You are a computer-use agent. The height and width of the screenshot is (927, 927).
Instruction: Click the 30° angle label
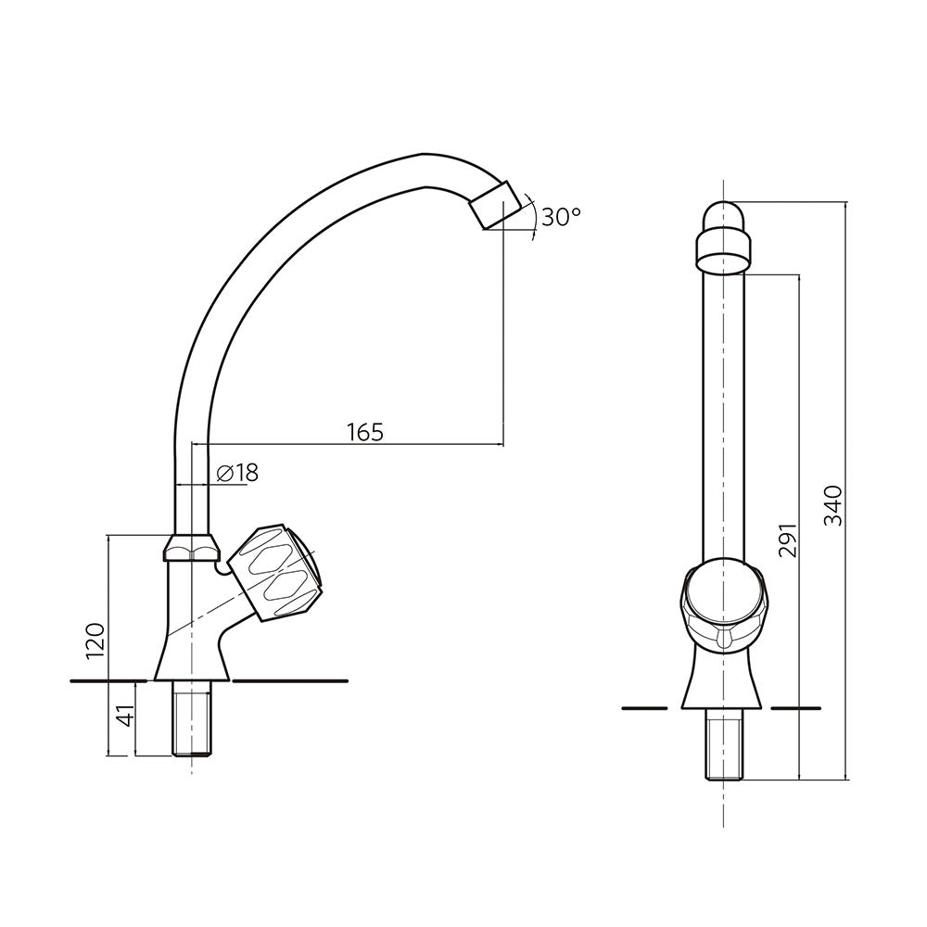561,217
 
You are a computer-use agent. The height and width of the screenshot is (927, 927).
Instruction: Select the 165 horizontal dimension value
364,431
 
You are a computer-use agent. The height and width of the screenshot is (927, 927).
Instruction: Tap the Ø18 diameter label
237,473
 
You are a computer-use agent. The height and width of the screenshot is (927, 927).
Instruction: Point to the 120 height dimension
95,641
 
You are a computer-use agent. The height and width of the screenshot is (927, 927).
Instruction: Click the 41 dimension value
124,716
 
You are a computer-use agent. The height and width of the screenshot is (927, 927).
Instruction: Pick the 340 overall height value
833,505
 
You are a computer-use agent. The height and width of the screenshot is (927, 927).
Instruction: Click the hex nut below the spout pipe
191,548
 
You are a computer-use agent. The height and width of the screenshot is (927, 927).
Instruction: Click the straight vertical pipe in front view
723,417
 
